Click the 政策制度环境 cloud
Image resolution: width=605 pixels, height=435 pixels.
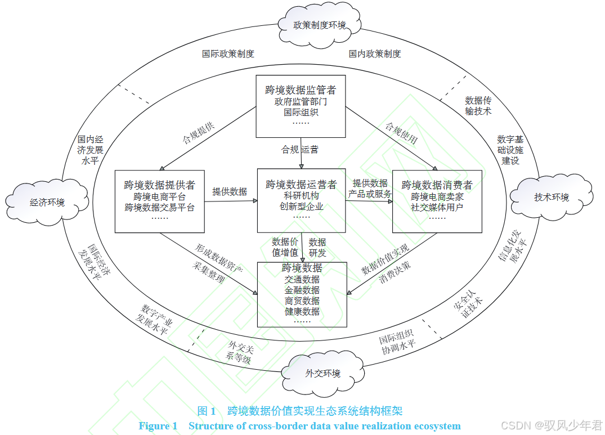[320, 25]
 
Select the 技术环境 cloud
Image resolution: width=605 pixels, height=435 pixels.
[551, 197]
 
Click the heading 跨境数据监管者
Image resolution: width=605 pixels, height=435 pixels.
[301, 90]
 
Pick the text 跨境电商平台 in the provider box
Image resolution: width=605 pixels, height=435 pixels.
[159, 197]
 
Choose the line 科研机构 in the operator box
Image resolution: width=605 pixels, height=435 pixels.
[301, 196]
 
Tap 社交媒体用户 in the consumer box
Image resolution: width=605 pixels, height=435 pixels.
[437, 207]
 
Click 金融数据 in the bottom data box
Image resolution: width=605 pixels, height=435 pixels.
[302, 290]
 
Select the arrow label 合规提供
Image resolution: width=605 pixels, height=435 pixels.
[198, 133]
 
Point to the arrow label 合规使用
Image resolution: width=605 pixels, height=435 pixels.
[401, 133]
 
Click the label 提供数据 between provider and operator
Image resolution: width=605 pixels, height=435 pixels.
[230, 191]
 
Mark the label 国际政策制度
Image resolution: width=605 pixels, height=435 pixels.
[228, 54]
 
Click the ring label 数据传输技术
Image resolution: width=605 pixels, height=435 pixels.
[478, 106]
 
